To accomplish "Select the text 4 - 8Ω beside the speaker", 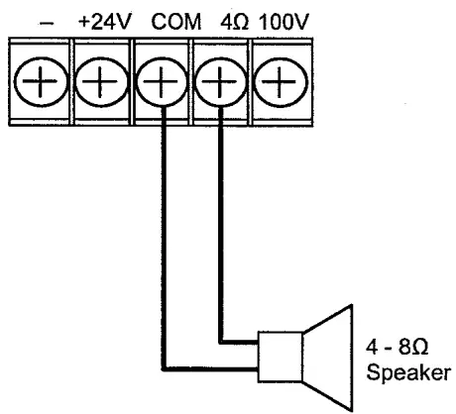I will (x=399, y=350).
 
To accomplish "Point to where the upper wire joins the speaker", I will (x=259, y=343).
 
